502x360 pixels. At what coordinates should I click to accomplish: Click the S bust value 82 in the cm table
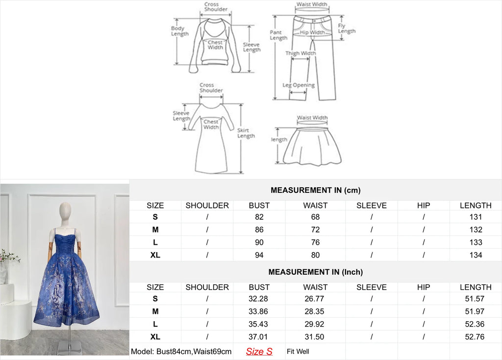pyautogui.click(x=259, y=217)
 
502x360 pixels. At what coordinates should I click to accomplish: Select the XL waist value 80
pyautogui.click(x=315, y=255)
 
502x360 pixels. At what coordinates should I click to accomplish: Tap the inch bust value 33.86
pyautogui.click(x=259, y=311)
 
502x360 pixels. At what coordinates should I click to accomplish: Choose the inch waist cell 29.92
pyautogui.click(x=315, y=324)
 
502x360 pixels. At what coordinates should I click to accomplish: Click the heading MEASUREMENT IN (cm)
pyautogui.click(x=315, y=190)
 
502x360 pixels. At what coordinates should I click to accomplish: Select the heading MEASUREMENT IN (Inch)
pyautogui.click(x=315, y=272)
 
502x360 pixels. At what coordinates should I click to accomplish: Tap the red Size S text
pyautogui.click(x=259, y=351)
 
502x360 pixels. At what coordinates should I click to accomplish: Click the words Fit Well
pyautogui.click(x=298, y=351)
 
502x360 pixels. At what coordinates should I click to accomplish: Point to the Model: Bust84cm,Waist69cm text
pyautogui.click(x=181, y=351)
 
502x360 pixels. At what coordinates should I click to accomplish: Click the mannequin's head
pyautogui.click(x=65, y=212)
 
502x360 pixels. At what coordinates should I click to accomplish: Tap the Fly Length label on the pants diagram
pyautogui.click(x=346, y=28)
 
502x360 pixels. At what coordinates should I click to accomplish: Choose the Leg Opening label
pyautogui.click(x=298, y=85)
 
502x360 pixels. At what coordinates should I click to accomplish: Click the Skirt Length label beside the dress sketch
pyautogui.click(x=246, y=133)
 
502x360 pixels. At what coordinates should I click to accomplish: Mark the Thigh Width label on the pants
pyautogui.click(x=301, y=53)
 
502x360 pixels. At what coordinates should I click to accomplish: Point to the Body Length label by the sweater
pyautogui.click(x=179, y=31)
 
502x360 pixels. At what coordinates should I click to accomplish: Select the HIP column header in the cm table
pyautogui.click(x=423, y=206)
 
